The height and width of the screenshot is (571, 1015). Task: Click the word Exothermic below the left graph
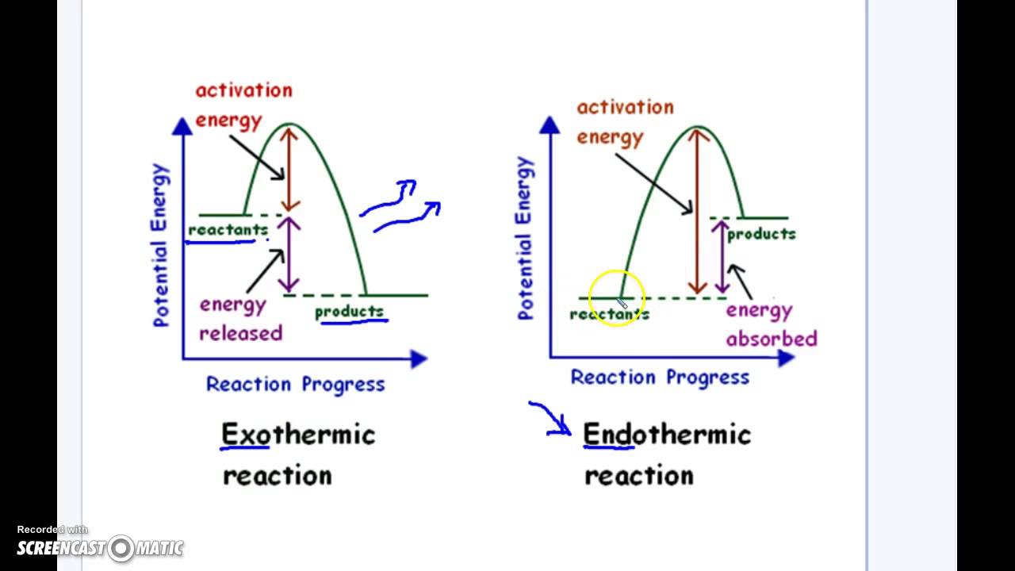(x=298, y=435)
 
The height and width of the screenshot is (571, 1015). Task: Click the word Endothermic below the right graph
(x=666, y=435)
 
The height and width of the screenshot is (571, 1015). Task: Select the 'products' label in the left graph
(x=349, y=312)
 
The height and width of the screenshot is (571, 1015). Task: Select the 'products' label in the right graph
(x=761, y=234)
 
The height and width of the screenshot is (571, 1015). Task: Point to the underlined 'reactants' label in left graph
(x=228, y=230)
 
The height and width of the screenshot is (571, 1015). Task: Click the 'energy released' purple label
(x=240, y=319)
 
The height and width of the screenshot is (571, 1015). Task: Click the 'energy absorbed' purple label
(x=771, y=324)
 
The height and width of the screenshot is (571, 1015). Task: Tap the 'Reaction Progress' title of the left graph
(x=295, y=384)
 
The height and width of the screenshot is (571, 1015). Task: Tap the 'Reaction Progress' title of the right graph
(x=660, y=377)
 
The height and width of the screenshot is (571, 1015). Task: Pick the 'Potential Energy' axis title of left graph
(x=161, y=245)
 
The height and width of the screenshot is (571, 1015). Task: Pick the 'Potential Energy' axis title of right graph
(x=525, y=238)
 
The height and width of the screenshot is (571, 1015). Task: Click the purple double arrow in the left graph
(x=289, y=255)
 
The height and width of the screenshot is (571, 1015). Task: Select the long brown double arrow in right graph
(x=698, y=211)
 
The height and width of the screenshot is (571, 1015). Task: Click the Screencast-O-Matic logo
(x=101, y=547)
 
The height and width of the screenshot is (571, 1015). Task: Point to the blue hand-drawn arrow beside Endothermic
(x=550, y=419)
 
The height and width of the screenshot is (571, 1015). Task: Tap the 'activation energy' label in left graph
(x=243, y=105)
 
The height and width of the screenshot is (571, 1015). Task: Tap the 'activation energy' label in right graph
(x=625, y=121)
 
